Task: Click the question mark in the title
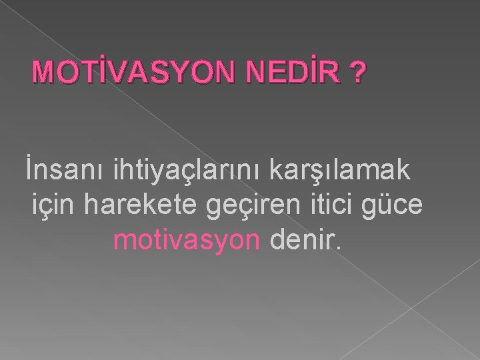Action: tap(359, 74)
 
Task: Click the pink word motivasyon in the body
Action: tap(186, 240)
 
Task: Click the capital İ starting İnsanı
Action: tap(29, 169)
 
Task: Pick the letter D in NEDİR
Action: tap(287, 74)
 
